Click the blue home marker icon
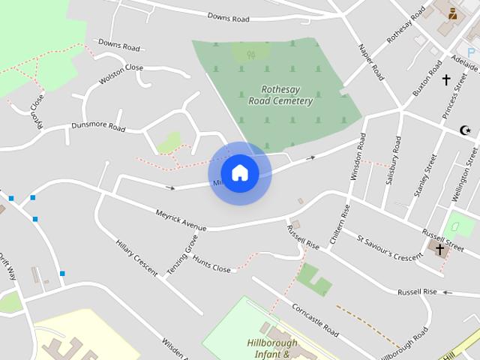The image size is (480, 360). coord(239,173)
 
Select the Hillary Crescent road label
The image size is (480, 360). coord(136,259)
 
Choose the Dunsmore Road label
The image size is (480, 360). coord(98,127)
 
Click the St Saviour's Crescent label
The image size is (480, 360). coord(390,247)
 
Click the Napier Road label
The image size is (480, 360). coord(372,62)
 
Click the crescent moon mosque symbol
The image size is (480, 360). coord(466,130)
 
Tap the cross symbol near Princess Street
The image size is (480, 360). coord(446,79)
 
